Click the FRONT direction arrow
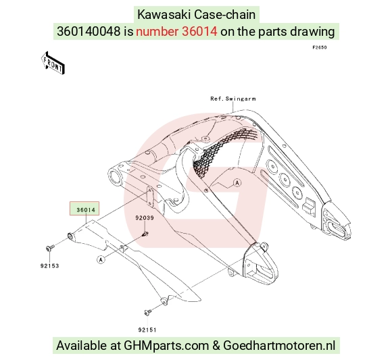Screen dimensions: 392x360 (x=53, y=63)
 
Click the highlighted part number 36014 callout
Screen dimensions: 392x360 (x=84, y=208)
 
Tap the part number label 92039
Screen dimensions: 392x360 (x=145, y=218)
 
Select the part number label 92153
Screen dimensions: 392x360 (x=50, y=266)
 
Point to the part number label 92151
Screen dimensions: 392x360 (x=147, y=330)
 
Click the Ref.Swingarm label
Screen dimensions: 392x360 (x=233, y=99)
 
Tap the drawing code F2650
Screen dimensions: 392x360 (x=320, y=47)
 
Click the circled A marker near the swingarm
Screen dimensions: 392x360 (x=237, y=183)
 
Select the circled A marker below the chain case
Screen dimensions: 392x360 (x=101, y=260)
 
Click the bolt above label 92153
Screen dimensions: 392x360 (x=50, y=248)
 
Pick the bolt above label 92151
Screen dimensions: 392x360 (x=148, y=312)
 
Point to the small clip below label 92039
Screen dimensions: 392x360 (x=145, y=234)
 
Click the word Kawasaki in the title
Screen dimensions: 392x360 (x=164, y=14)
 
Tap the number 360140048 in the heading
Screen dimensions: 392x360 (x=89, y=32)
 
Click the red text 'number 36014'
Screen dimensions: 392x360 (x=176, y=32)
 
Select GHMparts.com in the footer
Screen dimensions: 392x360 (x=166, y=346)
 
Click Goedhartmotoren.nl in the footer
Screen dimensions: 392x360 (x=279, y=346)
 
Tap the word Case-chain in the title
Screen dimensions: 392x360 (x=225, y=14)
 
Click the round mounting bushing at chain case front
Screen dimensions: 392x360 (x=70, y=236)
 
